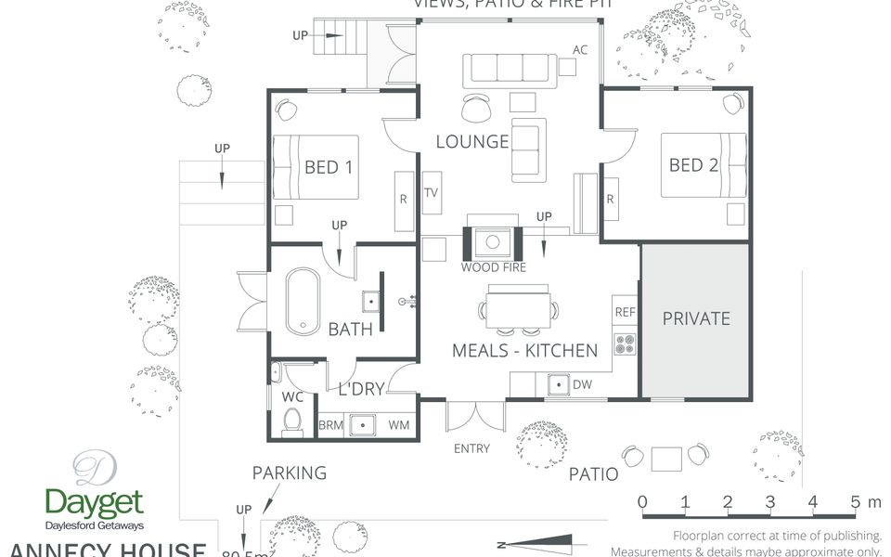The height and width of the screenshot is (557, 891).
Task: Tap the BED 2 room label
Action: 694,165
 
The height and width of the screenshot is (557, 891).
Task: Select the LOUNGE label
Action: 472,142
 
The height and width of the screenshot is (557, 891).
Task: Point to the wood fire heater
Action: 492,243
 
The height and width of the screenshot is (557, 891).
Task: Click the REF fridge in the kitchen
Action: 625,313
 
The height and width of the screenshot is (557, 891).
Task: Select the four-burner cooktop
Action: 625,344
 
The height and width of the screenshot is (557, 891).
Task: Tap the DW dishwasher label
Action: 583,384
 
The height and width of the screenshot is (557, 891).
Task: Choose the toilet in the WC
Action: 291,423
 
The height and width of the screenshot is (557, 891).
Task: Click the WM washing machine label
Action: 399,425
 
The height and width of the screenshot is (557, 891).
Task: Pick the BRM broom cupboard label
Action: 330,425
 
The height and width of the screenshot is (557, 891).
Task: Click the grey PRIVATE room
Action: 695,318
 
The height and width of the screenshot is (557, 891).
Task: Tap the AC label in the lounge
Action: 580,50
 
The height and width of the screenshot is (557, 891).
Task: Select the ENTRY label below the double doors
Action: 471,449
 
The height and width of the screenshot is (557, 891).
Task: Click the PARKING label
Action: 290,473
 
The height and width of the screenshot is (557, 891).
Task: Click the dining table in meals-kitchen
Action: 518,310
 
